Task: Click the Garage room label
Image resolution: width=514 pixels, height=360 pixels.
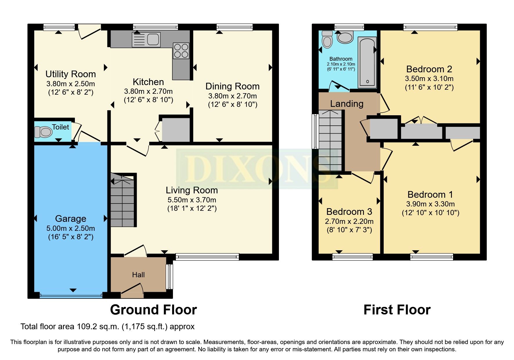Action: [71, 218]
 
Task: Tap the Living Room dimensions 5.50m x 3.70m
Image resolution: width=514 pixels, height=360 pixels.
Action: [192, 200]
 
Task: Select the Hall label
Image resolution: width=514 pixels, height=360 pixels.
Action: [138, 275]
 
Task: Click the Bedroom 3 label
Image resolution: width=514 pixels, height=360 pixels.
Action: [349, 211]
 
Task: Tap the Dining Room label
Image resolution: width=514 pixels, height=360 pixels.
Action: [232, 86]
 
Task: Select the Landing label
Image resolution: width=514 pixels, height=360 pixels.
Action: [347, 104]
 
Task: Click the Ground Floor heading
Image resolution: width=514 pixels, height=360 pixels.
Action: [153, 310]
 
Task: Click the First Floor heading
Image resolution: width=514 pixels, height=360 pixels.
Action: [397, 310]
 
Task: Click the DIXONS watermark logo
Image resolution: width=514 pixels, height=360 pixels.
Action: [257, 168]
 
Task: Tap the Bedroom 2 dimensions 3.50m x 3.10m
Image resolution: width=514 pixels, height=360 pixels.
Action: [429, 78]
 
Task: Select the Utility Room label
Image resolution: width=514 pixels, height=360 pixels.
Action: [71, 74]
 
